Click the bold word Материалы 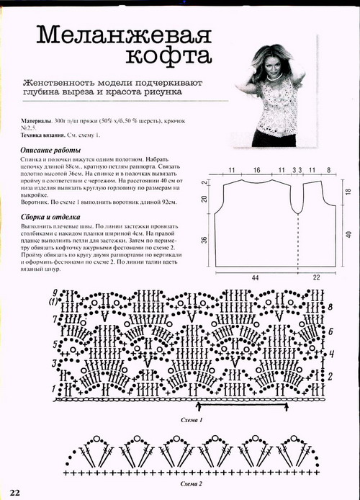click(36, 121)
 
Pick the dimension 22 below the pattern click(318, 277)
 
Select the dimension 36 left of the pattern click(204, 240)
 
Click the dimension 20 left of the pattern click(204, 198)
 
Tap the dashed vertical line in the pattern click(297, 238)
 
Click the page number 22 click(15, 491)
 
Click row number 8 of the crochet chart click(330, 306)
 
